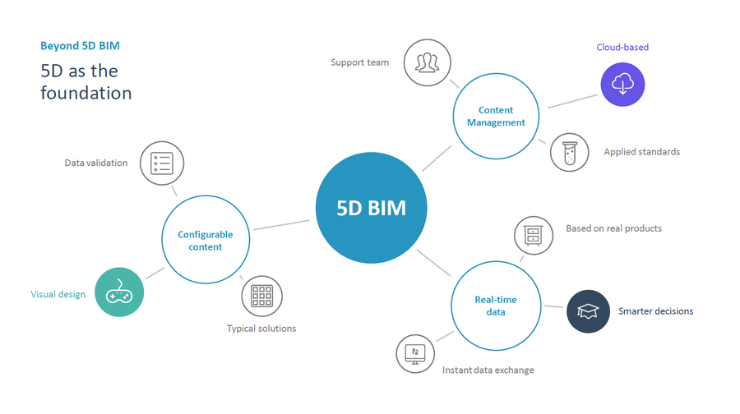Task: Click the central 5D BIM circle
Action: pyautogui.click(x=371, y=208)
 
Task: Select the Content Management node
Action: pyautogui.click(x=496, y=116)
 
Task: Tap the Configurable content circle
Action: pyautogui.click(x=205, y=240)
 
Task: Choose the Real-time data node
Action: pyautogui.click(x=495, y=306)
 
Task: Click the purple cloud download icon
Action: pyautogui.click(x=622, y=85)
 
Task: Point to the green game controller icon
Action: pyautogui.click(x=119, y=292)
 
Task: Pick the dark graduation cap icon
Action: pyautogui.click(x=588, y=311)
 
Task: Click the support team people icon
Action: pyautogui.click(x=428, y=62)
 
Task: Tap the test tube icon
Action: pyautogui.click(x=569, y=152)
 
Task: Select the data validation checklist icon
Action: pyautogui.click(x=161, y=163)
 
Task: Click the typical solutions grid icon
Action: pyautogui.click(x=261, y=296)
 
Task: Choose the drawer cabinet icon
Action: pyautogui.click(x=534, y=236)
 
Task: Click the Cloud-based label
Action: pyautogui.click(x=622, y=48)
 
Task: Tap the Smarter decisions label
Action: pyautogui.click(x=655, y=311)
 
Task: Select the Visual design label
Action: pyautogui.click(x=58, y=294)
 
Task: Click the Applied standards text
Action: pyautogui.click(x=641, y=152)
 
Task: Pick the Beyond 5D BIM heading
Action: pyautogui.click(x=80, y=46)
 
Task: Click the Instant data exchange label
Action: pyautogui.click(x=488, y=370)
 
